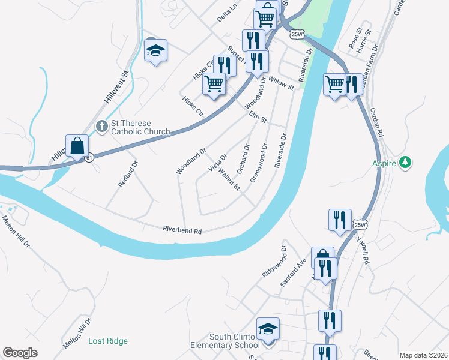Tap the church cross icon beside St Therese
[101, 126]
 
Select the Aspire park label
[386, 163]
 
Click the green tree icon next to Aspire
[406, 162]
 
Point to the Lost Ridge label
[108, 341]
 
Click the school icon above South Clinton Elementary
[268, 329]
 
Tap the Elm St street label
[258, 116]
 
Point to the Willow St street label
[281, 83]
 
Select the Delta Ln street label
[228, 15]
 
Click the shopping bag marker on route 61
[77, 146]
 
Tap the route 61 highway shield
[89, 157]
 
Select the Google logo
[20, 353]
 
